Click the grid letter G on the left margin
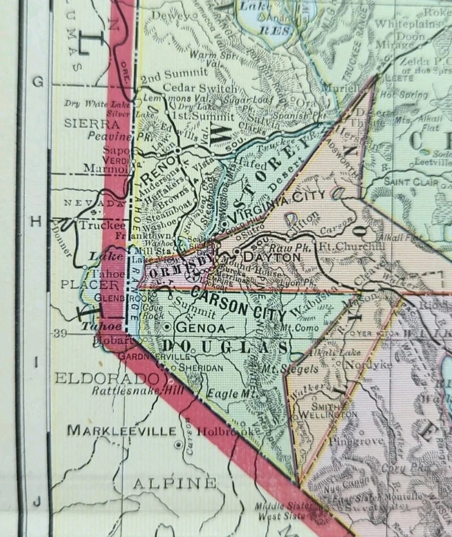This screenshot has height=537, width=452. [37, 82]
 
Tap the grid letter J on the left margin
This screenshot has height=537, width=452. [37, 501]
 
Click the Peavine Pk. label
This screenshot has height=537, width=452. [113, 136]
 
